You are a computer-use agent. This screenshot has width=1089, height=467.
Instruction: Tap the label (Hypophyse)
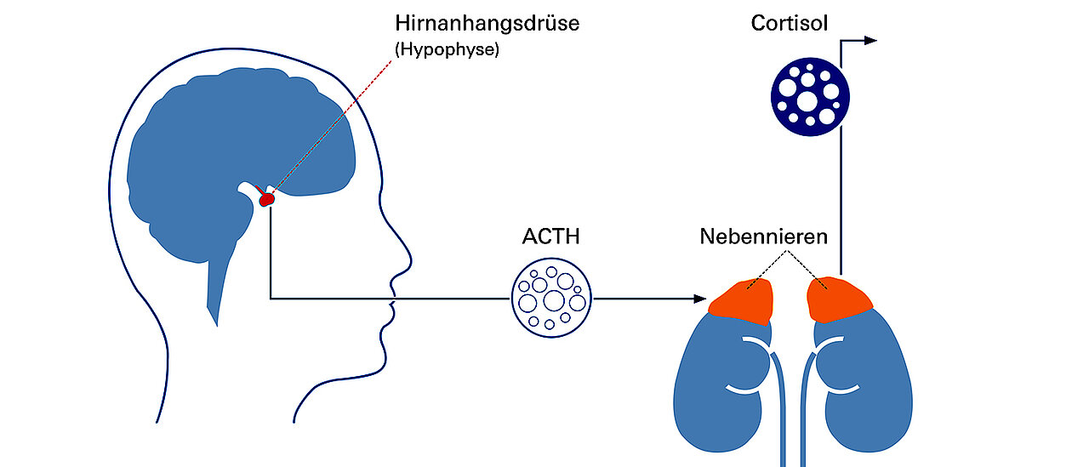click(447, 49)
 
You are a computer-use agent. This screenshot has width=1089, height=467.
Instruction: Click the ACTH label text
click(550, 236)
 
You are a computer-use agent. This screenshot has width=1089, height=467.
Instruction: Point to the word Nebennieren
click(763, 236)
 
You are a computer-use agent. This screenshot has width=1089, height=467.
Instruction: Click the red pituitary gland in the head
click(267, 199)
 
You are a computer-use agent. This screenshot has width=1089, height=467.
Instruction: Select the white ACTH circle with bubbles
click(551, 299)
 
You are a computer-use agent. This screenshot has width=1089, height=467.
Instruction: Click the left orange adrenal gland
click(742, 300)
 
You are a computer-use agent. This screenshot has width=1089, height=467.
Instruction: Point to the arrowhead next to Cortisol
click(869, 40)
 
